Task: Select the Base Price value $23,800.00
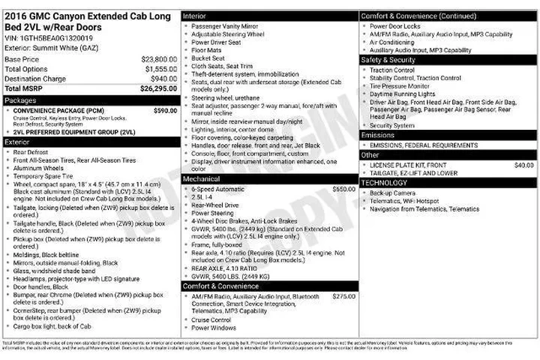(x=159, y=58)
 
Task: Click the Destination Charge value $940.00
(x=163, y=78)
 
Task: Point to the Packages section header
(x=20, y=100)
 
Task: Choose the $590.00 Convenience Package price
(x=165, y=110)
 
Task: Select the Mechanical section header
(x=202, y=180)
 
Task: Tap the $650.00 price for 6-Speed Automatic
(x=343, y=189)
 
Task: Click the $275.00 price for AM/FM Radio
(x=343, y=296)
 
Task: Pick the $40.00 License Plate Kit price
(x=523, y=165)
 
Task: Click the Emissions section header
(x=379, y=135)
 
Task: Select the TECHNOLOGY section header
(x=384, y=182)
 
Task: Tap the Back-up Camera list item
(x=394, y=193)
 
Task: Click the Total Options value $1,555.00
(x=160, y=68)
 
